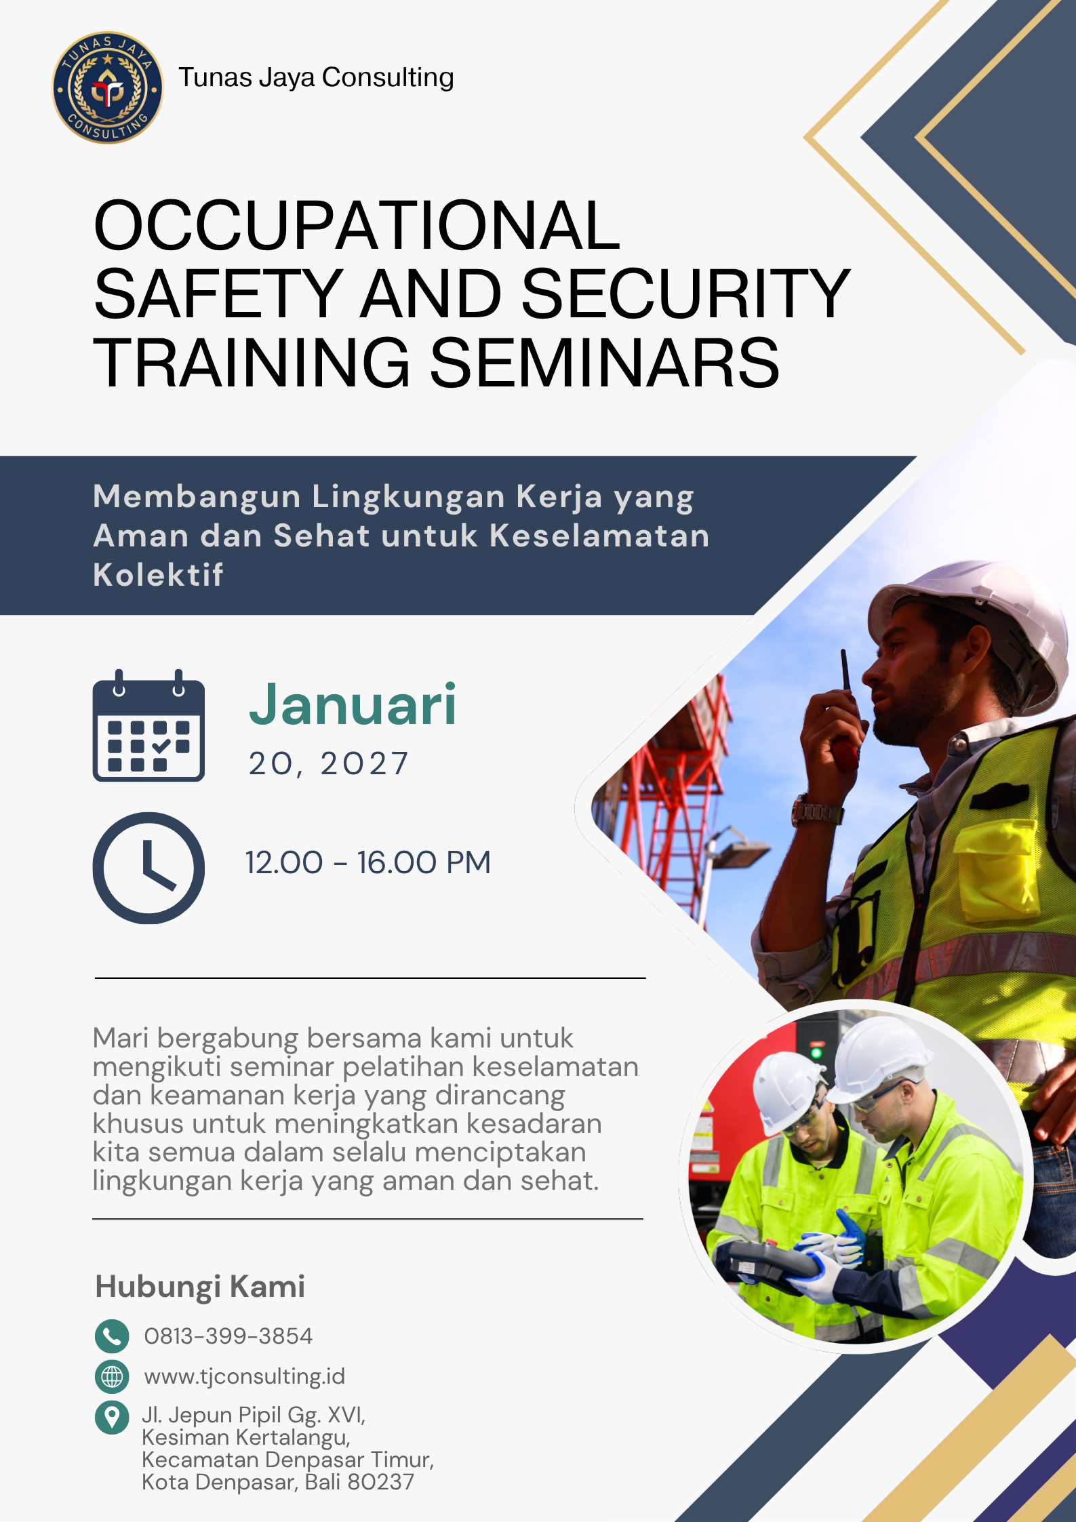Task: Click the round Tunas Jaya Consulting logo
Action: point(108,87)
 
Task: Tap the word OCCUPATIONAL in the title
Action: point(357,226)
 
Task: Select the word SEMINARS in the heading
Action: point(604,363)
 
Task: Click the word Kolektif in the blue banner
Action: point(158,575)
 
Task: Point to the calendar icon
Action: point(148,726)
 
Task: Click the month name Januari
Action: point(353,705)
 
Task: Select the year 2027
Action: point(364,764)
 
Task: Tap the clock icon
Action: point(148,868)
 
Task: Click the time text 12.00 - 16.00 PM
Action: point(367,863)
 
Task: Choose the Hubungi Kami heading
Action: point(200,1286)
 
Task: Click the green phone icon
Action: point(112,1336)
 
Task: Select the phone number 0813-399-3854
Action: point(228,1336)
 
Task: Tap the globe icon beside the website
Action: point(112,1376)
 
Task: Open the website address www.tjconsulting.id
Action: point(245,1376)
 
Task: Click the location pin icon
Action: point(112,1417)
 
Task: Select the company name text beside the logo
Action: point(316,78)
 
